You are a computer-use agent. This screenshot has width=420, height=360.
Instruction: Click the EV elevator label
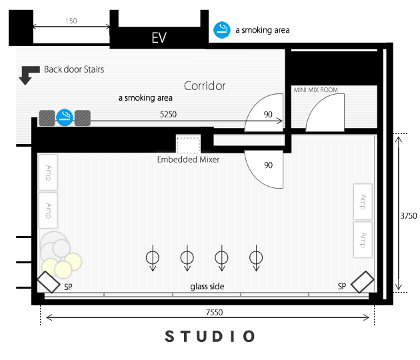[159, 37]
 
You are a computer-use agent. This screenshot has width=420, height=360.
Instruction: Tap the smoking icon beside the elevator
[222, 30]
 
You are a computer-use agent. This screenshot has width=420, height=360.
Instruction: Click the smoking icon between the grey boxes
[65, 117]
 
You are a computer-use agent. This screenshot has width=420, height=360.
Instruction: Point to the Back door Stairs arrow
[29, 75]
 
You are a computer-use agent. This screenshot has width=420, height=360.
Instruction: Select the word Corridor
[205, 86]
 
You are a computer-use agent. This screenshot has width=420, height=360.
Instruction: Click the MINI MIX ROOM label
[315, 90]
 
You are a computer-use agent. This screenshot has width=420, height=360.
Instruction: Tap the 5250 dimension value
[168, 115]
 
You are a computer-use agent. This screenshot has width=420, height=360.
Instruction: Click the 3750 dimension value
[409, 216]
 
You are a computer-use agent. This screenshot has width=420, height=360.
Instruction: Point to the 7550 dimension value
[214, 312]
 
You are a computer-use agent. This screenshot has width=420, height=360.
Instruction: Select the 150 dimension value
[71, 21]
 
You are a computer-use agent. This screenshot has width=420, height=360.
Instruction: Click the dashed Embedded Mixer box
[188, 145]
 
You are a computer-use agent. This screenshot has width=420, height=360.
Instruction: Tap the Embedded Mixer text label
[188, 159]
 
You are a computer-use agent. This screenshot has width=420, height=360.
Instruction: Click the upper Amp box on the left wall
[48, 173]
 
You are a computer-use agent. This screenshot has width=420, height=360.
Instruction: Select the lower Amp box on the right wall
[363, 239]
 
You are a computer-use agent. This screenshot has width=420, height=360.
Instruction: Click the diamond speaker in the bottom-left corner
[49, 282]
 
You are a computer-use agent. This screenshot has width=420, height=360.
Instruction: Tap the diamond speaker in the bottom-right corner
[363, 282]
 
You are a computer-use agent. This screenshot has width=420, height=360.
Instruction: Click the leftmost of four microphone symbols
[153, 258]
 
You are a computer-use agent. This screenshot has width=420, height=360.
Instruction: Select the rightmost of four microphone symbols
[256, 258]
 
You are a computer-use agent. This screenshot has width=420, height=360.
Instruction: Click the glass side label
[207, 287]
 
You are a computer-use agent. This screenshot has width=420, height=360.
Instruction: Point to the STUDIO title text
[210, 336]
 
